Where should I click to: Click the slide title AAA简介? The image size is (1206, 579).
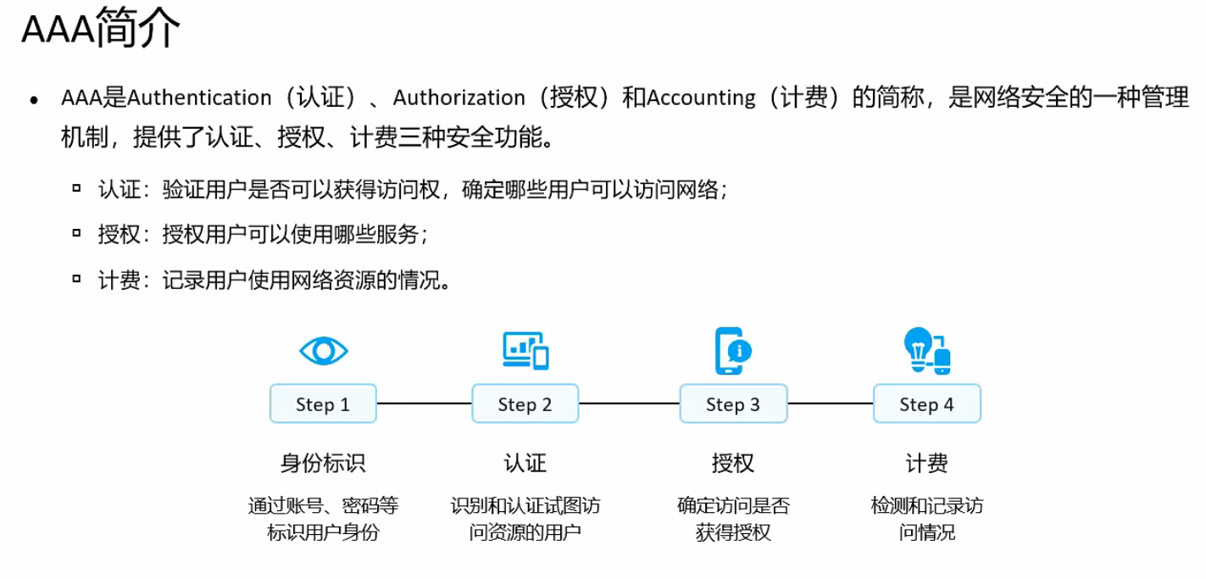pyautogui.click(x=100, y=31)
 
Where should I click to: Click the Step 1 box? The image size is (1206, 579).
pyautogui.click(x=323, y=404)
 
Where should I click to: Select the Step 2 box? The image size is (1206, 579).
pyautogui.click(x=525, y=404)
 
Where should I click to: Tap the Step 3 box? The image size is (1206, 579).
pyautogui.click(x=733, y=404)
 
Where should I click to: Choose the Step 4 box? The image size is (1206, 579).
pyautogui.click(x=926, y=404)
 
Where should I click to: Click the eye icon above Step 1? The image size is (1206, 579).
pyautogui.click(x=324, y=350)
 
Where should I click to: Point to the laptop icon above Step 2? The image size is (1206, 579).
pyautogui.click(x=525, y=350)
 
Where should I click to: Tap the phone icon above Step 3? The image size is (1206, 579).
pyautogui.click(x=732, y=350)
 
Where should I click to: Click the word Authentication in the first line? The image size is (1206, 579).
pyautogui.click(x=199, y=98)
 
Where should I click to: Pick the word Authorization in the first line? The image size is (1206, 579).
pyautogui.click(x=459, y=98)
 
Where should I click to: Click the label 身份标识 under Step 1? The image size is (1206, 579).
pyautogui.click(x=323, y=464)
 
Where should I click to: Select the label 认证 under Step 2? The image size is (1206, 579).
pyautogui.click(x=525, y=464)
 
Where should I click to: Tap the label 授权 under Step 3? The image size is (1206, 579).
pyautogui.click(x=733, y=464)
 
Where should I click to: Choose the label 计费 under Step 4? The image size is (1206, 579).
pyautogui.click(x=926, y=464)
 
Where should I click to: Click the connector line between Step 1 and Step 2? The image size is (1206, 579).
pyautogui.click(x=424, y=404)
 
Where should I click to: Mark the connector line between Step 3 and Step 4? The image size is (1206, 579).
pyautogui.click(x=831, y=404)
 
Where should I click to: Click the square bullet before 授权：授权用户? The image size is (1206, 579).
pyautogui.click(x=77, y=231)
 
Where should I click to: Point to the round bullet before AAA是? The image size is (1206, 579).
pyautogui.click(x=34, y=100)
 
